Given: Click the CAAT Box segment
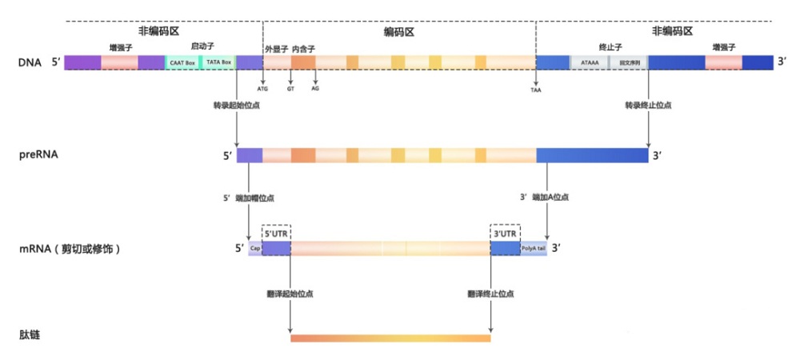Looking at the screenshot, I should [x=182, y=62].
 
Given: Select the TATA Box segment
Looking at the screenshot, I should [x=218, y=62].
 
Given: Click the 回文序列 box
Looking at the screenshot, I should [x=629, y=62].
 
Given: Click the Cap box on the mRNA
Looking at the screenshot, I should [x=255, y=249].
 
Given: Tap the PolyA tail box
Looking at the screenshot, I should [x=534, y=249].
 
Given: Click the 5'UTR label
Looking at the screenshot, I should [x=276, y=233].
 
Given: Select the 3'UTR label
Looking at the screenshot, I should [x=505, y=233].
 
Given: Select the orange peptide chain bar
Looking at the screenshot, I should [x=390, y=338].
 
